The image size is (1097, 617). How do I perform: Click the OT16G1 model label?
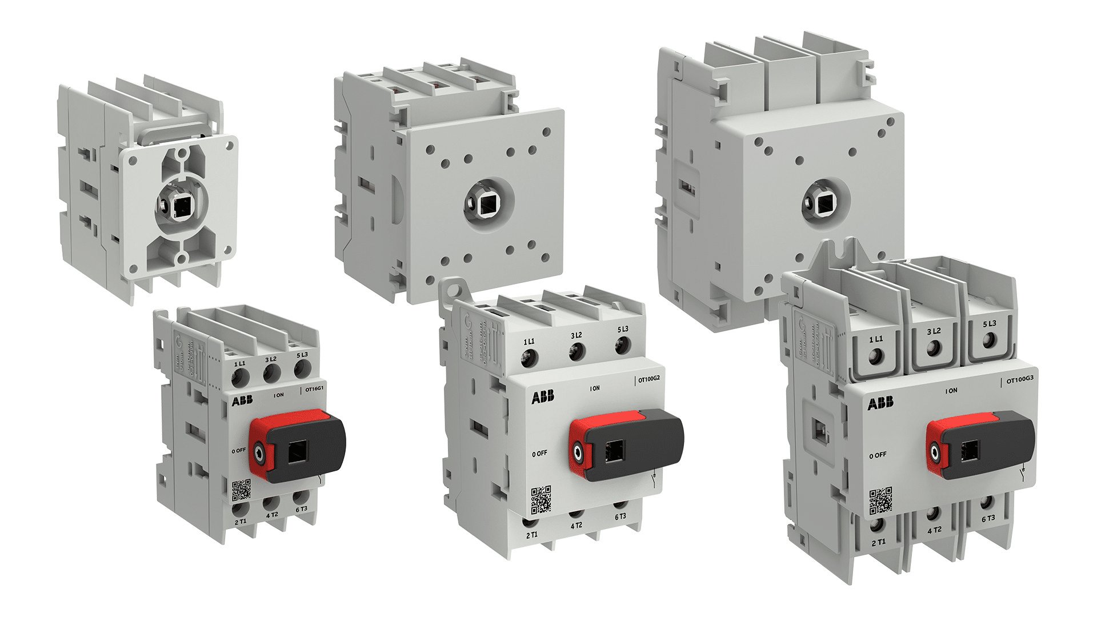pos(314,389)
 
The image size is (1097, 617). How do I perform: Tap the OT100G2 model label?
pos(648,379)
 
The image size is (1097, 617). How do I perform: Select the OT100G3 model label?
pos(1020,380)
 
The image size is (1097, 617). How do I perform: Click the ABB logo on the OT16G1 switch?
pos(242,400)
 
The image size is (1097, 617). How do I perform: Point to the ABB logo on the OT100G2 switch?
pos(543,396)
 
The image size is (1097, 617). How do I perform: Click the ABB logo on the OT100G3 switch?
pos(880,404)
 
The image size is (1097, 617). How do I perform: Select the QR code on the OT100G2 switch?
pos(541,499)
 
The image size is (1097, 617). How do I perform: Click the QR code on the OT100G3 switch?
pos(880,501)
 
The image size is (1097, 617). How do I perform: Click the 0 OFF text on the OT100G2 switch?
pos(540,454)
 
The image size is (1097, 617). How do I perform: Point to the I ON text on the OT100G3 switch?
pos(951,391)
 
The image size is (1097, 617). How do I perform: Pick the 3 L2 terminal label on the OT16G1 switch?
pos(271,359)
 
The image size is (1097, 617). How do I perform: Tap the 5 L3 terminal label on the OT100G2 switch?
pos(623,330)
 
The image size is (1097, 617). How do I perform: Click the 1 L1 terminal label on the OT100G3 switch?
pos(876,339)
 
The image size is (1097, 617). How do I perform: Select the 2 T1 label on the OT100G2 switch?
pos(531,535)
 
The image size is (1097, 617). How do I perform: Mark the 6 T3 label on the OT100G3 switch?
pos(988,519)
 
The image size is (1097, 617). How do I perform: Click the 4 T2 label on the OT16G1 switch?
pos(272,515)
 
